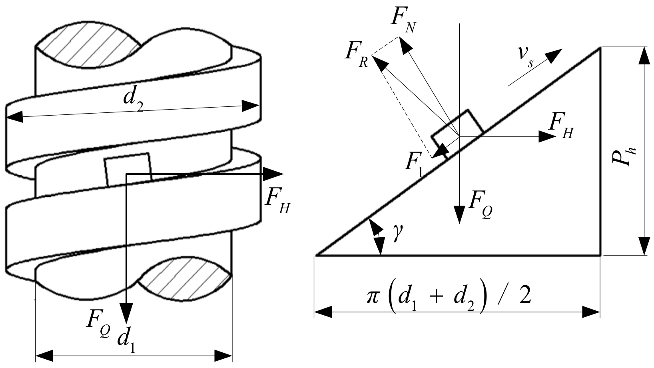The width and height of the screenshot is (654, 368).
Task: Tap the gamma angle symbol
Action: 397,236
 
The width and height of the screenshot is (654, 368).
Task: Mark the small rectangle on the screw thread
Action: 128,169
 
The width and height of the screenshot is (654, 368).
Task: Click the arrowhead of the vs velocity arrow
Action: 554,55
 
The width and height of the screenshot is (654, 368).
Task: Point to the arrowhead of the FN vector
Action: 405,44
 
